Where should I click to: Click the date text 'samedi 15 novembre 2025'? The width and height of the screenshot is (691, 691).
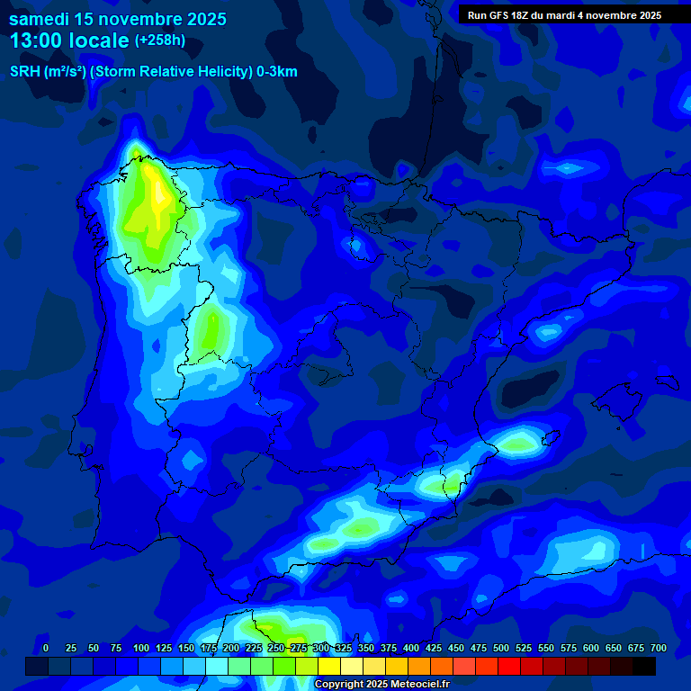(118, 19)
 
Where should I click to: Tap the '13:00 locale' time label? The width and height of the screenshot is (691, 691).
(69, 40)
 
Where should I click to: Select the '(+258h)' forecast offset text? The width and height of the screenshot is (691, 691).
(159, 40)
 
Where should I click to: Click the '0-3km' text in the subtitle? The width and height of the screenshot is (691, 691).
(277, 72)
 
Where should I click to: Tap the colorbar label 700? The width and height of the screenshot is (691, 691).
(658, 648)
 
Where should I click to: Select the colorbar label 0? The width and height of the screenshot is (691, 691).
(46, 648)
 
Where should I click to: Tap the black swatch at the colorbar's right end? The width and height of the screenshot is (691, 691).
(644, 667)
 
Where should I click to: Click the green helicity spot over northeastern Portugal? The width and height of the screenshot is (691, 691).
(211, 328)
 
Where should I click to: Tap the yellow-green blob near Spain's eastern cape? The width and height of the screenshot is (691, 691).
(518, 444)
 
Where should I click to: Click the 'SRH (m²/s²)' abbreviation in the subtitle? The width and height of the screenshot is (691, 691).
(48, 72)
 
